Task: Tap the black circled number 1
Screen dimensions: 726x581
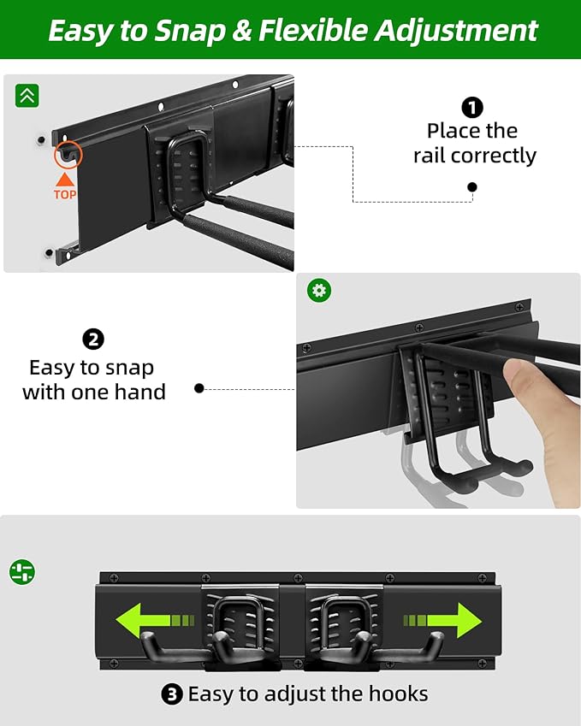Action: point(471,108)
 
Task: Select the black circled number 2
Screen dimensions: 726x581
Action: point(93,339)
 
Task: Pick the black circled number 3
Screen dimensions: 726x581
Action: point(172,694)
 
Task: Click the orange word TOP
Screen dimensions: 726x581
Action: point(65,194)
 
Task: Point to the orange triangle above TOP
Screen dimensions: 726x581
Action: point(65,179)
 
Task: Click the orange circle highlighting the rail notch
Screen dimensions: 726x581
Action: point(68,155)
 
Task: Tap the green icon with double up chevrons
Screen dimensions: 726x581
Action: point(27,96)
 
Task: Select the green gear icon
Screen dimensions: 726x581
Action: point(319,291)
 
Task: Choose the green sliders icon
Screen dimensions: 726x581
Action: point(22,572)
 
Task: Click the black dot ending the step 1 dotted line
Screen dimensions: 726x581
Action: point(471,187)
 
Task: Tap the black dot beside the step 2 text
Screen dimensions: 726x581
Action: point(199,388)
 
